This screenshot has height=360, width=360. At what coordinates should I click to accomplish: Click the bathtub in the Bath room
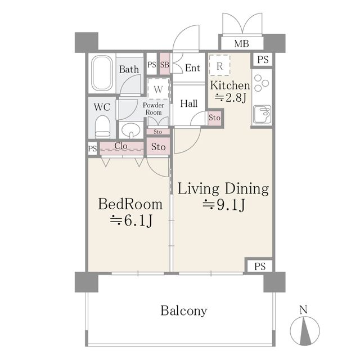[x=102, y=73]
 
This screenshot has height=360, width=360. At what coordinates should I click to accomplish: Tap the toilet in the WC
[x=102, y=127]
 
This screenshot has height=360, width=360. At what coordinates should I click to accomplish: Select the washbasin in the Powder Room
[x=131, y=130]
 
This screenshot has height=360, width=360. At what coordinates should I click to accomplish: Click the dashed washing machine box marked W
[x=159, y=89]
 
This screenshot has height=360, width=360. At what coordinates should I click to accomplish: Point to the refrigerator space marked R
[x=219, y=65]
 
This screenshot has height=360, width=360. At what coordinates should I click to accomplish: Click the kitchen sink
[x=262, y=115]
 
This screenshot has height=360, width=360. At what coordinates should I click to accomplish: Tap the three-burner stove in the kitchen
[x=262, y=83]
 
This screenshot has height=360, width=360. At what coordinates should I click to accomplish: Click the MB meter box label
[x=241, y=44]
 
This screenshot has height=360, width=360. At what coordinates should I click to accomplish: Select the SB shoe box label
[x=165, y=65]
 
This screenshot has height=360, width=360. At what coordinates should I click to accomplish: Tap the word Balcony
[x=184, y=311]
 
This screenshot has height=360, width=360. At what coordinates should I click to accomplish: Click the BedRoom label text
[x=130, y=204]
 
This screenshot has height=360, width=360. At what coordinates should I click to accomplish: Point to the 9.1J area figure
[x=224, y=205]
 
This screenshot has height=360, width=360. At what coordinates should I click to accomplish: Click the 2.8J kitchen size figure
[x=230, y=98]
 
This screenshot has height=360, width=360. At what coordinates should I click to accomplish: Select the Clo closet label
[x=121, y=146]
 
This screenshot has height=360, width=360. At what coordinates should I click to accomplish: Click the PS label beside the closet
[x=92, y=148]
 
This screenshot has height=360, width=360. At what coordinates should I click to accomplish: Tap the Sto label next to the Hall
[x=214, y=118]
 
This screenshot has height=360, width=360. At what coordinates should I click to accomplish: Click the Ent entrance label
[x=192, y=68]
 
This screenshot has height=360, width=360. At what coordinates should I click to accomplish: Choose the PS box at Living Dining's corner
[x=260, y=266]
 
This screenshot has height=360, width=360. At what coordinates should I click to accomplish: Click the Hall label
[x=189, y=103]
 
